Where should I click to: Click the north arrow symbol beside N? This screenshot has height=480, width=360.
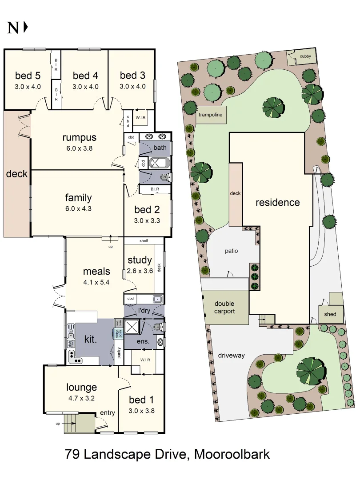pyautogui.click(x=25, y=28)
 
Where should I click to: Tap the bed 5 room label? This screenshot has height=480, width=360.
pyautogui.click(x=27, y=75)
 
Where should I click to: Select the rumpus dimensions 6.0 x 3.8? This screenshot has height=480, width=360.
pyautogui.click(x=79, y=148)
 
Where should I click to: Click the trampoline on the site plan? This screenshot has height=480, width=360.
pyautogui.click(x=211, y=115)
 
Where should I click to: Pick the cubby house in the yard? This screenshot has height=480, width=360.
pyautogui.click(x=302, y=57)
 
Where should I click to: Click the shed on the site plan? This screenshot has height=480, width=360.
pyautogui.click(x=331, y=314)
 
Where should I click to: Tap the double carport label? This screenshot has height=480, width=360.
pyautogui.click(x=224, y=308)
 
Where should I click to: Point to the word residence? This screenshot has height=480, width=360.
pyautogui.click(x=277, y=203)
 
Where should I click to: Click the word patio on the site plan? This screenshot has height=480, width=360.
pyautogui.click(x=231, y=251)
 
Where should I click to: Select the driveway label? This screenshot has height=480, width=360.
pyautogui.click(x=232, y=355)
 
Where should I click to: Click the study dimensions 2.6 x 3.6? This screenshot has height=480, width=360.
pyautogui.click(x=140, y=270)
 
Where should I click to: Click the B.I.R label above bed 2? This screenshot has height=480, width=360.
pyautogui.click(x=155, y=189)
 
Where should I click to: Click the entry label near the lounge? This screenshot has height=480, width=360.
pyautogui.click(x=107, y=413)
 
